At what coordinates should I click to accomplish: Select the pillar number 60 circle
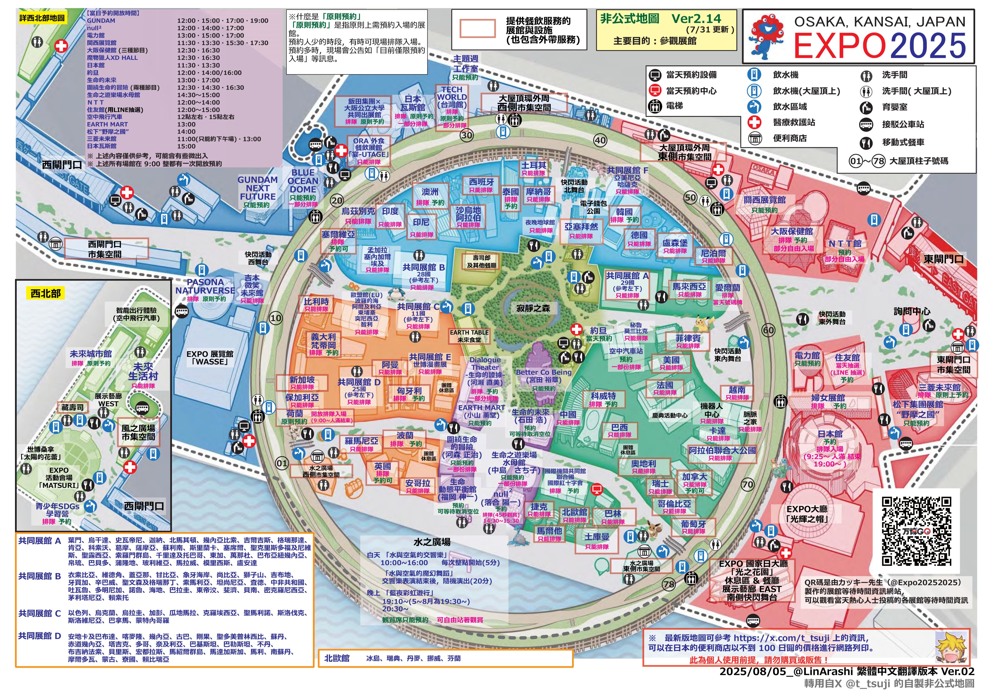pyautogui.click(x=768, y=330)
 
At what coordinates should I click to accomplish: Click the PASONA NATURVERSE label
pyautogui.click(x=205, y=286)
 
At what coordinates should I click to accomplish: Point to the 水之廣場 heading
pyautogui.click(x=432, y=542)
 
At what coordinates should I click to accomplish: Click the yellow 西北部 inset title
pyautogui.click(x=45, y=294)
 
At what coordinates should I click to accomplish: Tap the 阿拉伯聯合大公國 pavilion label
pyautogui.click(x=722, y=450)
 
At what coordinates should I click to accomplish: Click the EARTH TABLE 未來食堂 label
pyautogui.click(x=469, y=336)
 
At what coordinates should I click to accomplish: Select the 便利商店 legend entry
pyautogui.click(x=789, y=138)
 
